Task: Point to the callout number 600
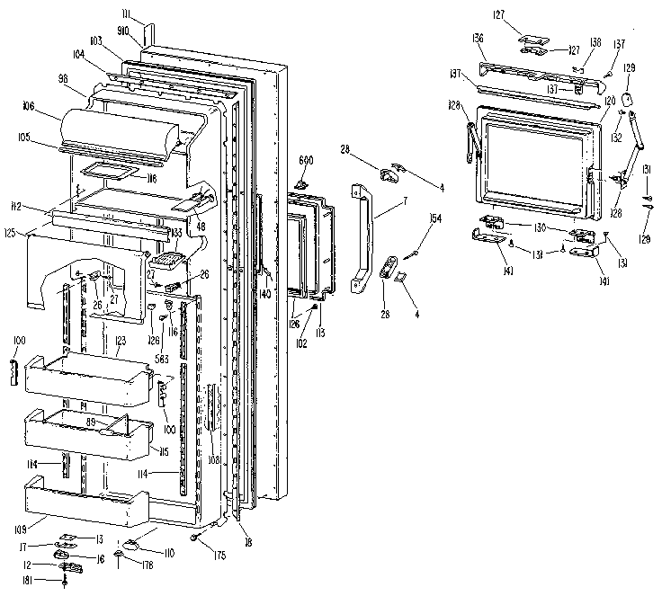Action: (x=305, y=159)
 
